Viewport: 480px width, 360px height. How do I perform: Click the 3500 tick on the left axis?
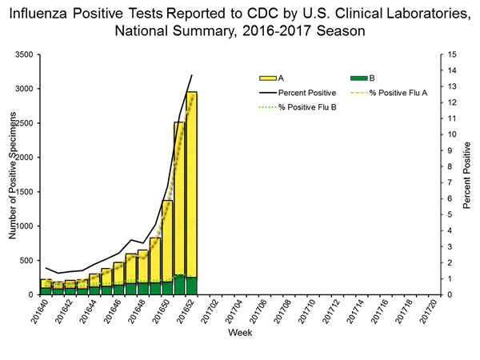click(23, 54)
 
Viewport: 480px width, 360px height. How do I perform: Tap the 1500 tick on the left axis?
click(23, 192)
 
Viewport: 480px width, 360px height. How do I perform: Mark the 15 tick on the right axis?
click(452, 54)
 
